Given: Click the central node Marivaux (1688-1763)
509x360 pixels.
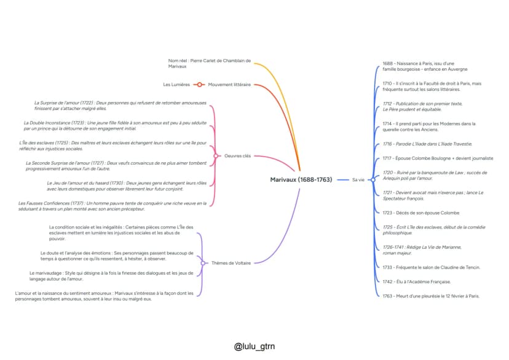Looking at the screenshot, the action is pyautogui.click(x=301, y=179).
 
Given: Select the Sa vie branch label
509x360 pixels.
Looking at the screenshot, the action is pyautogui.click(x=358, y=179).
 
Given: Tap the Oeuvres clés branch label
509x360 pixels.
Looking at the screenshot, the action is pyautogui.click(x=238, y=156).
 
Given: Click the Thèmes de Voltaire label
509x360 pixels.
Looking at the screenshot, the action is pyautogui.click(x=231, y=263).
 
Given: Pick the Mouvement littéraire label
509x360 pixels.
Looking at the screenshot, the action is pyautogui.click(x=229, y=85).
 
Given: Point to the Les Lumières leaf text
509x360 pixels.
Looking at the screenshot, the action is pyautogui.click(x=176, y=85).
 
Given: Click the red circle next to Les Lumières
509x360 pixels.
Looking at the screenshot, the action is pyautogui.click(x=199, y=85).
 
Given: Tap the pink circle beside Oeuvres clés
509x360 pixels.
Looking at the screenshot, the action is pyautogui.click(x=216, y=156).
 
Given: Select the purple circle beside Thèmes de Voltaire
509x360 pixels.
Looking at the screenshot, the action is pyautogui.click(x=203, y=263).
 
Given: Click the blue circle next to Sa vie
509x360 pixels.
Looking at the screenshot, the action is pyautogui.click(x=373, y=179).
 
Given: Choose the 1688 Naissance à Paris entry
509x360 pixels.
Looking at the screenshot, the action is pyautogui.click(x=425, y=66).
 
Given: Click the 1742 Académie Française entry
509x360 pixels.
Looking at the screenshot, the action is pyautogui.click(x=417, y=282).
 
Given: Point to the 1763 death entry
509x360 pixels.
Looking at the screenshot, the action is pyautogui.click(x=431, y=296).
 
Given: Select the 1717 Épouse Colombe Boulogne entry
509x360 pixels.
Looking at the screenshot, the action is pyautogui.click(x=438, y=158).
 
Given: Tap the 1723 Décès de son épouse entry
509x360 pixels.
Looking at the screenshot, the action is pyautogui.click(x=421, y=213).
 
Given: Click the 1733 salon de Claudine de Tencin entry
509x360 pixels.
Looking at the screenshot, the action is pyautogui.click(x=431, y=268).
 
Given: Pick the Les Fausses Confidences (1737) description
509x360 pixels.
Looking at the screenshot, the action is pyautogui.click(x=112, y=206).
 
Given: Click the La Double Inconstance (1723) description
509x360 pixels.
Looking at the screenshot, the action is pyautogui.click(x=115, y=126).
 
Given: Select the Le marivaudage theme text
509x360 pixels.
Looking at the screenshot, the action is pyautogui.click(x=111, y=276).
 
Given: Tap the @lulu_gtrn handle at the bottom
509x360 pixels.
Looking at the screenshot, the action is pyautogui.click(x=254, y=346).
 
